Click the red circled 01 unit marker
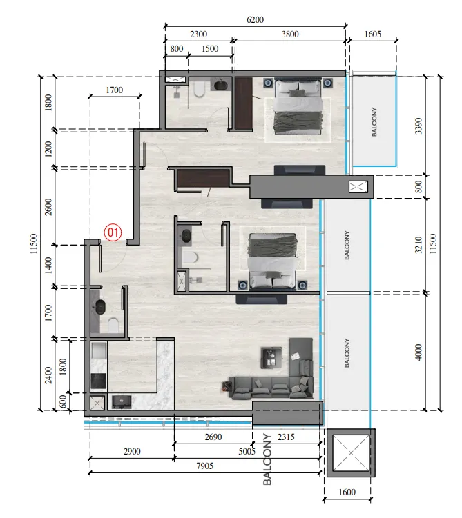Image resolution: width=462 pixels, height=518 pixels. tap(113, 232)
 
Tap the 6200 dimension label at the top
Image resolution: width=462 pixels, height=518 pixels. tap(255, 20)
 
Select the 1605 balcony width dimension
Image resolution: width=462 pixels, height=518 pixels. tap(373, 34)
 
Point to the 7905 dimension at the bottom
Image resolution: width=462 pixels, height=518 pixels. tap(204, 466)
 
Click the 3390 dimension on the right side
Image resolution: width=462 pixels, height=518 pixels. tap(418, 126)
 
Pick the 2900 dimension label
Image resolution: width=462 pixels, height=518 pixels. tap(132, 451)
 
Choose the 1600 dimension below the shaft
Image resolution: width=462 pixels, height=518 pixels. tap(347, 492)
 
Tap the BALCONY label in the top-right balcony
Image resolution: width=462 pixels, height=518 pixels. tap(374, 121)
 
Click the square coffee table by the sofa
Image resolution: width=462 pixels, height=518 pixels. tap(271, 358)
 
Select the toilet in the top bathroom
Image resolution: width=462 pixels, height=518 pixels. tap(199, 89)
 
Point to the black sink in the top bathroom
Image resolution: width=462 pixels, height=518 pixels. tap(220, 86)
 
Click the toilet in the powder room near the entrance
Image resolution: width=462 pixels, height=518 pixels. tap(113, 325)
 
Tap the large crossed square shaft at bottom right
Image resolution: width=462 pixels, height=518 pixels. tap(351, 452)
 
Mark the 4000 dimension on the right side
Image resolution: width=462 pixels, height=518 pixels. tap(418, 352)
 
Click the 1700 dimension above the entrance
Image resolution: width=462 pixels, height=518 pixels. tap(115, 90)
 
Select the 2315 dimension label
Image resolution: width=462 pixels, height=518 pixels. tap(286, 437)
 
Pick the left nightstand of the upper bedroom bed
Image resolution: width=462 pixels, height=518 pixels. tap(269, 83)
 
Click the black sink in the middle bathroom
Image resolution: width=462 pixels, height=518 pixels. tap(186, 237)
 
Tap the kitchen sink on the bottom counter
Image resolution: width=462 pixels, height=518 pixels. tap(122, 401)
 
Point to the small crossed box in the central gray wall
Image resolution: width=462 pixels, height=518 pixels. tap(358, 187)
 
